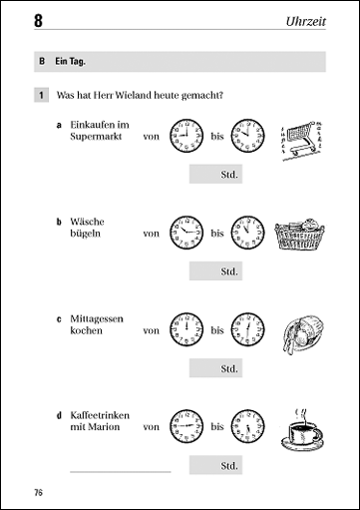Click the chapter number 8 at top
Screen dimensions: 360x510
point(38,21)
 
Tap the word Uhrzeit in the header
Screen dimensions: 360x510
point(306,21)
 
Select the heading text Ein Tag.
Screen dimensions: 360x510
point(70,62)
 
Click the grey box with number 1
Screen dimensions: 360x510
point(41,95)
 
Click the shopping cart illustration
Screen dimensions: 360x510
point(302,140)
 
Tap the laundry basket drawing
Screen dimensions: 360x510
point(300,235)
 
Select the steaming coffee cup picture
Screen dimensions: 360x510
point(302,430)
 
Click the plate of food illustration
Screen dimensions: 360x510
point(303,334)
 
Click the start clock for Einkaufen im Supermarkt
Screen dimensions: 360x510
point(186,136)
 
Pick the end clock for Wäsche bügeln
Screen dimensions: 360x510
point(248,233)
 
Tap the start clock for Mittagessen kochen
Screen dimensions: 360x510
point(186,329)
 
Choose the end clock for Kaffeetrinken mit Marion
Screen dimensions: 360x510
point(248,426)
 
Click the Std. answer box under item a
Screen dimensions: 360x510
point(215,174)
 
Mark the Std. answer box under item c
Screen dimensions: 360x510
point(215,368)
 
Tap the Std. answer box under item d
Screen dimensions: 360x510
point(215,465)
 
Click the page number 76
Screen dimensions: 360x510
point(39,492)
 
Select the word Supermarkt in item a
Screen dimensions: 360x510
point(96,137)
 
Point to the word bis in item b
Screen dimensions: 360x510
point(217,234)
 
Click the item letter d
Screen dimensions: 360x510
point(59,415)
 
